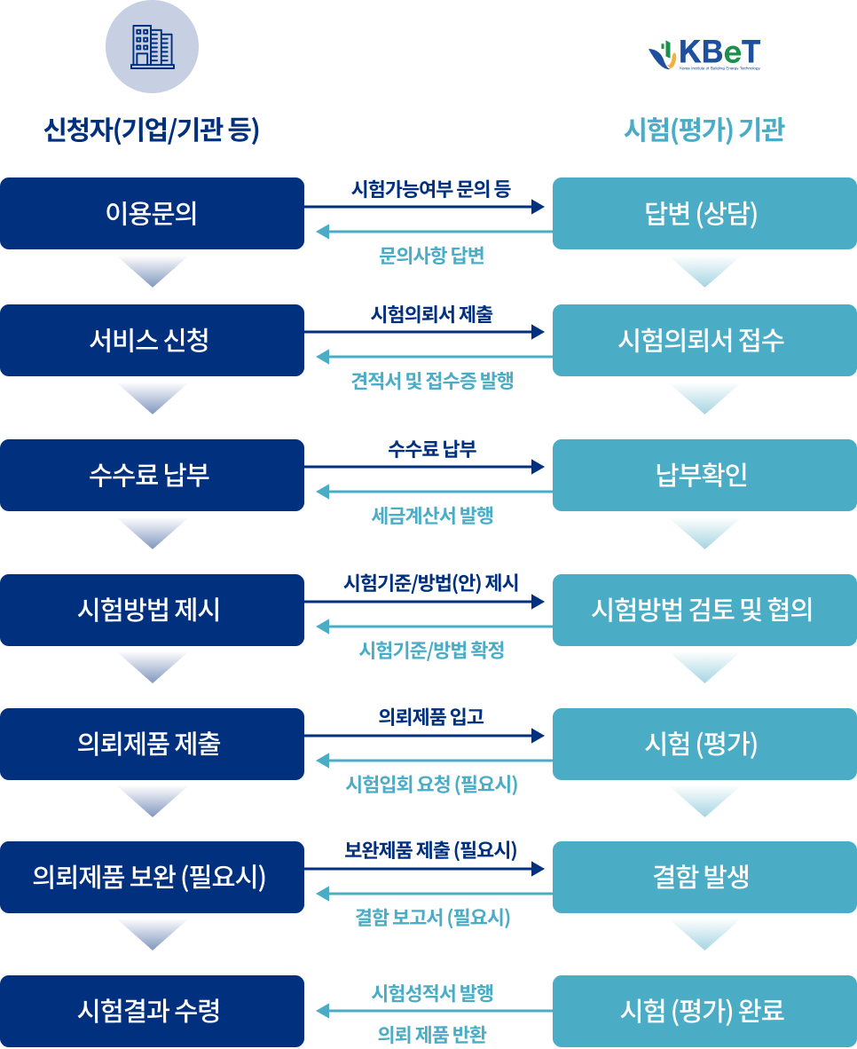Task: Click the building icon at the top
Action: pyautogui.click(x=152, y=47)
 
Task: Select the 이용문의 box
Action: pyautogui.click(x=152, y=213)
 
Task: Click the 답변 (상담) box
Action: pyautogui.click(x=704, y=213)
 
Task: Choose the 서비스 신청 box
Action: pyautogui.click(x=152, y=340)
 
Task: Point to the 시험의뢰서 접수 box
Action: pyautogui.click(x=704, y=340)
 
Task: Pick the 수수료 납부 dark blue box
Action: pyautogui.click(x=152, y=475)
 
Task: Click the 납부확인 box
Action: pyautogui.click(x=704, y=475)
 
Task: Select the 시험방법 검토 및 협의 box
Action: pyautogui.click(x=704, y=610)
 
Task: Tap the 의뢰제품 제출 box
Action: pyautogui.click(x=152, y=744)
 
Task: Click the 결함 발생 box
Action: pyautogui.click(x=704, y=877)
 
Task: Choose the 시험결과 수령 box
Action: pyautogui.click(x=152, y=1010)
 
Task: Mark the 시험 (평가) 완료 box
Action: pyautogui.click(x=704, y=1010)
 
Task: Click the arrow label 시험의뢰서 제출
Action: pyautogui.click(x=431, y=314)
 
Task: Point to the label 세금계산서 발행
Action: pyautogui.click(x=431, y=516)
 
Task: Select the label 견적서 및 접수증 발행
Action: pyautogui.click(x=431, y=382)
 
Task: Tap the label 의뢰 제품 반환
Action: pyautogui.click(x=431, y=1034)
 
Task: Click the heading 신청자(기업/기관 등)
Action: pyautogui.click(x=152, y=130)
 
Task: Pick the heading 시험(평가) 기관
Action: pyautogui.click(x=704, y=130)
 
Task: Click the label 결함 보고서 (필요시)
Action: pyautogui.click(x=431, y=918)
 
